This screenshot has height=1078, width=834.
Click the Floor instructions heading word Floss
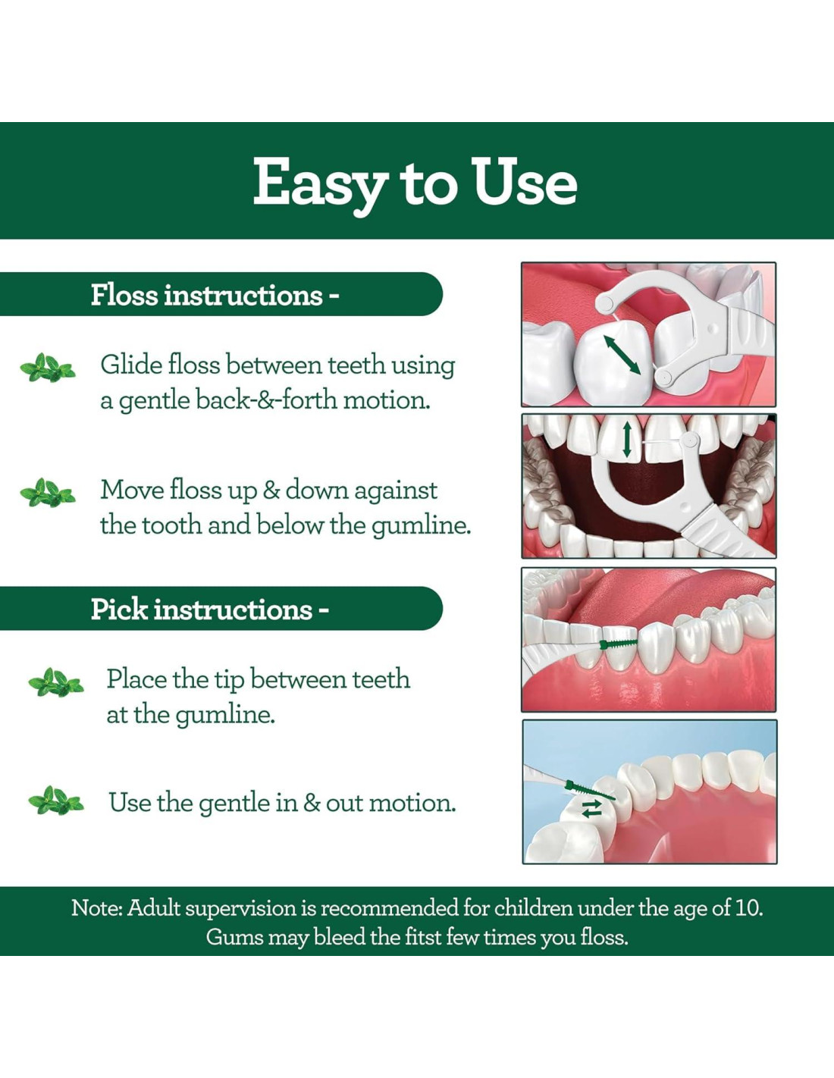tap(124, 295)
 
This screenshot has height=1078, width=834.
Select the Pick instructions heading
tap(209, 609)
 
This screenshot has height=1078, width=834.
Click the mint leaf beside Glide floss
tap(48, 368)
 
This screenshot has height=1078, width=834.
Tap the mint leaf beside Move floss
tap(48, 492)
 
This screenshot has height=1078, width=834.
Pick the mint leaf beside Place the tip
tap(56, 682)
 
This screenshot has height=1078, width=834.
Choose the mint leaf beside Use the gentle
tap(56, 801)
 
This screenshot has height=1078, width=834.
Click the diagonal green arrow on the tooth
tap(622, 355)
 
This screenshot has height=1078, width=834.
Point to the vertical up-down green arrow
tap(626, 439)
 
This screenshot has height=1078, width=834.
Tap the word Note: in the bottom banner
tap(97, 908)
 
